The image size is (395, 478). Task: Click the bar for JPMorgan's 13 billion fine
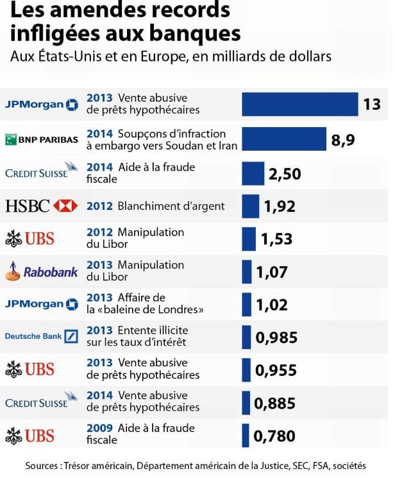click(x=299, y=104)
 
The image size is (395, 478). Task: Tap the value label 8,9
click(x=343, y=139)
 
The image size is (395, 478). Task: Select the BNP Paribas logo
click(x=42, y=139)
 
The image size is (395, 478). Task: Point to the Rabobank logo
click(x=42, y=271)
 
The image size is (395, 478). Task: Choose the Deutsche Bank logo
click(x=42, y=336)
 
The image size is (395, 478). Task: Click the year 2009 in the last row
click(x=99, y=428)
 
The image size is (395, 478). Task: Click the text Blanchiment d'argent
click(x=171, y=206)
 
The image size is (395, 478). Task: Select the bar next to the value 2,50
click(x=253, y=173)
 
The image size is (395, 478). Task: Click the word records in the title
click(x=191, y=11)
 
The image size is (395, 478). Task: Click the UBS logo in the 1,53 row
click(x=30, y=239)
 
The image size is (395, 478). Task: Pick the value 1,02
click(x=272, y=305)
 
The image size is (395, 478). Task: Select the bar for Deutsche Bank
click(x=246, y=337)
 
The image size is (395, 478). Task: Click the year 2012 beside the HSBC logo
click(x=99, y=206)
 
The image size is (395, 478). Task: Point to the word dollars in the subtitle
click(x=312, y=56)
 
